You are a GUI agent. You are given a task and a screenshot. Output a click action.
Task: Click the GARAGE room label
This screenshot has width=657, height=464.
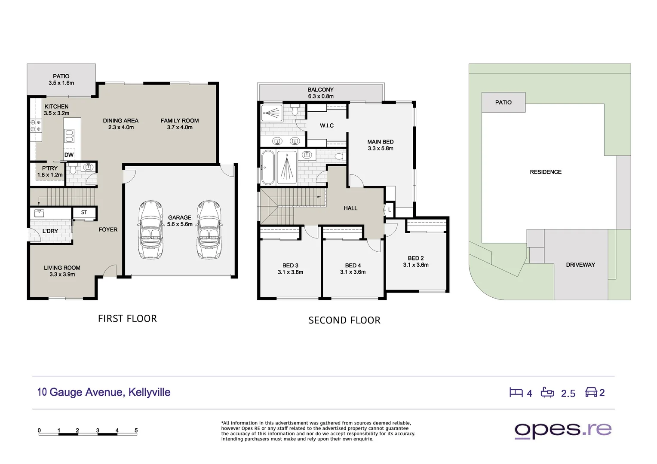click(180, 221)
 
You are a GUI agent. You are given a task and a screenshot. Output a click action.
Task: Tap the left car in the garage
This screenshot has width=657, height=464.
click(151, 230)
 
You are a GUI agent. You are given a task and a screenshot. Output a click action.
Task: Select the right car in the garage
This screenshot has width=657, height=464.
click(209, 230)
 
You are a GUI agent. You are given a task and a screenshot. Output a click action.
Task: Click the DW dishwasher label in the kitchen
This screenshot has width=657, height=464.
click(69, 155)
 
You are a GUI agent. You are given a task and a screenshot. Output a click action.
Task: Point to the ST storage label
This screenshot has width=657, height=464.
click(84, 212)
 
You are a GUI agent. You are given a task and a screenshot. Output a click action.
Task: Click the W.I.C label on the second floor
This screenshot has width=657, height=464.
click(327, 125)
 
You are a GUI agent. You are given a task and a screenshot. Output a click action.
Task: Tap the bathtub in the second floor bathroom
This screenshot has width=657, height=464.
click(268, 168)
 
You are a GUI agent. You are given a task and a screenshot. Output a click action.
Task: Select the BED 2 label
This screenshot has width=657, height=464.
click(416, 262)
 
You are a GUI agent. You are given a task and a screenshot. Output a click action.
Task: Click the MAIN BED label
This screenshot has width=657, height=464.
click(381, 145)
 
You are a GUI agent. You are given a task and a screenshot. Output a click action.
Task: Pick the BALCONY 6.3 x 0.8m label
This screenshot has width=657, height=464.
click(321, 93)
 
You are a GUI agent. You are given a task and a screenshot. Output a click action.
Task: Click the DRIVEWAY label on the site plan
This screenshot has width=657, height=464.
click(580, 265)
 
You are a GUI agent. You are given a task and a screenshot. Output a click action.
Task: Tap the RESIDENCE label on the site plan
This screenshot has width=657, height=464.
click(546, 172)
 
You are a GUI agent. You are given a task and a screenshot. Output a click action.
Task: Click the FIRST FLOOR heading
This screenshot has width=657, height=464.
click(127, 319)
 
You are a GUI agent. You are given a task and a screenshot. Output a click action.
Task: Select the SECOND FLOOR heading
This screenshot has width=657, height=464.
click(344, 320)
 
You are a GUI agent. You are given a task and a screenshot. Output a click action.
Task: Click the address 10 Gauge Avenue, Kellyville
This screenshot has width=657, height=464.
click(104, 392)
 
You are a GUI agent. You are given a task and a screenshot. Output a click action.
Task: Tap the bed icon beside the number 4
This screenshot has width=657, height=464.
click(516, 392)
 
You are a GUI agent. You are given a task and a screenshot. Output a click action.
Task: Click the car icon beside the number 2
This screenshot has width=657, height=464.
click(591, 392)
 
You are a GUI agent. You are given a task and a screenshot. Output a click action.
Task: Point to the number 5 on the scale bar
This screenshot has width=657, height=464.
click(136, 430)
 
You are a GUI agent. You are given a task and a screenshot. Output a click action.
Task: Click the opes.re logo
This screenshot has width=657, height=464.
click(563, 430)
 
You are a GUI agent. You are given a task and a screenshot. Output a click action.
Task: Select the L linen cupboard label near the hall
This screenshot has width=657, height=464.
click(390, 210)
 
